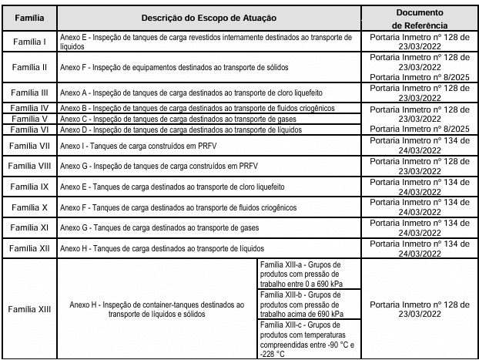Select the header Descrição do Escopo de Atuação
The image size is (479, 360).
point(209,17)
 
